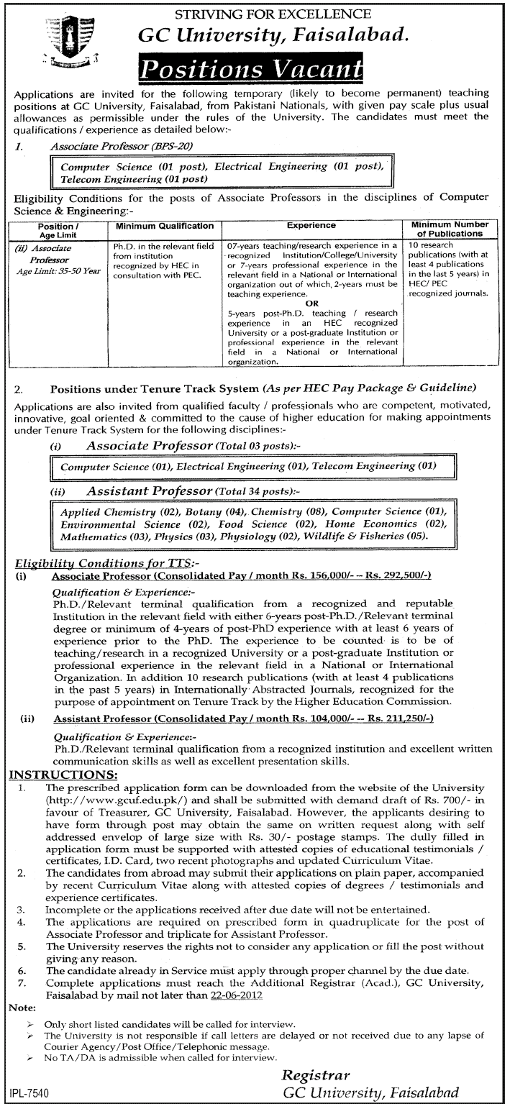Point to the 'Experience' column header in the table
(311, 226)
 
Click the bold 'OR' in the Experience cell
(311, 304)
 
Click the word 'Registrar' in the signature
(316, 1075)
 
